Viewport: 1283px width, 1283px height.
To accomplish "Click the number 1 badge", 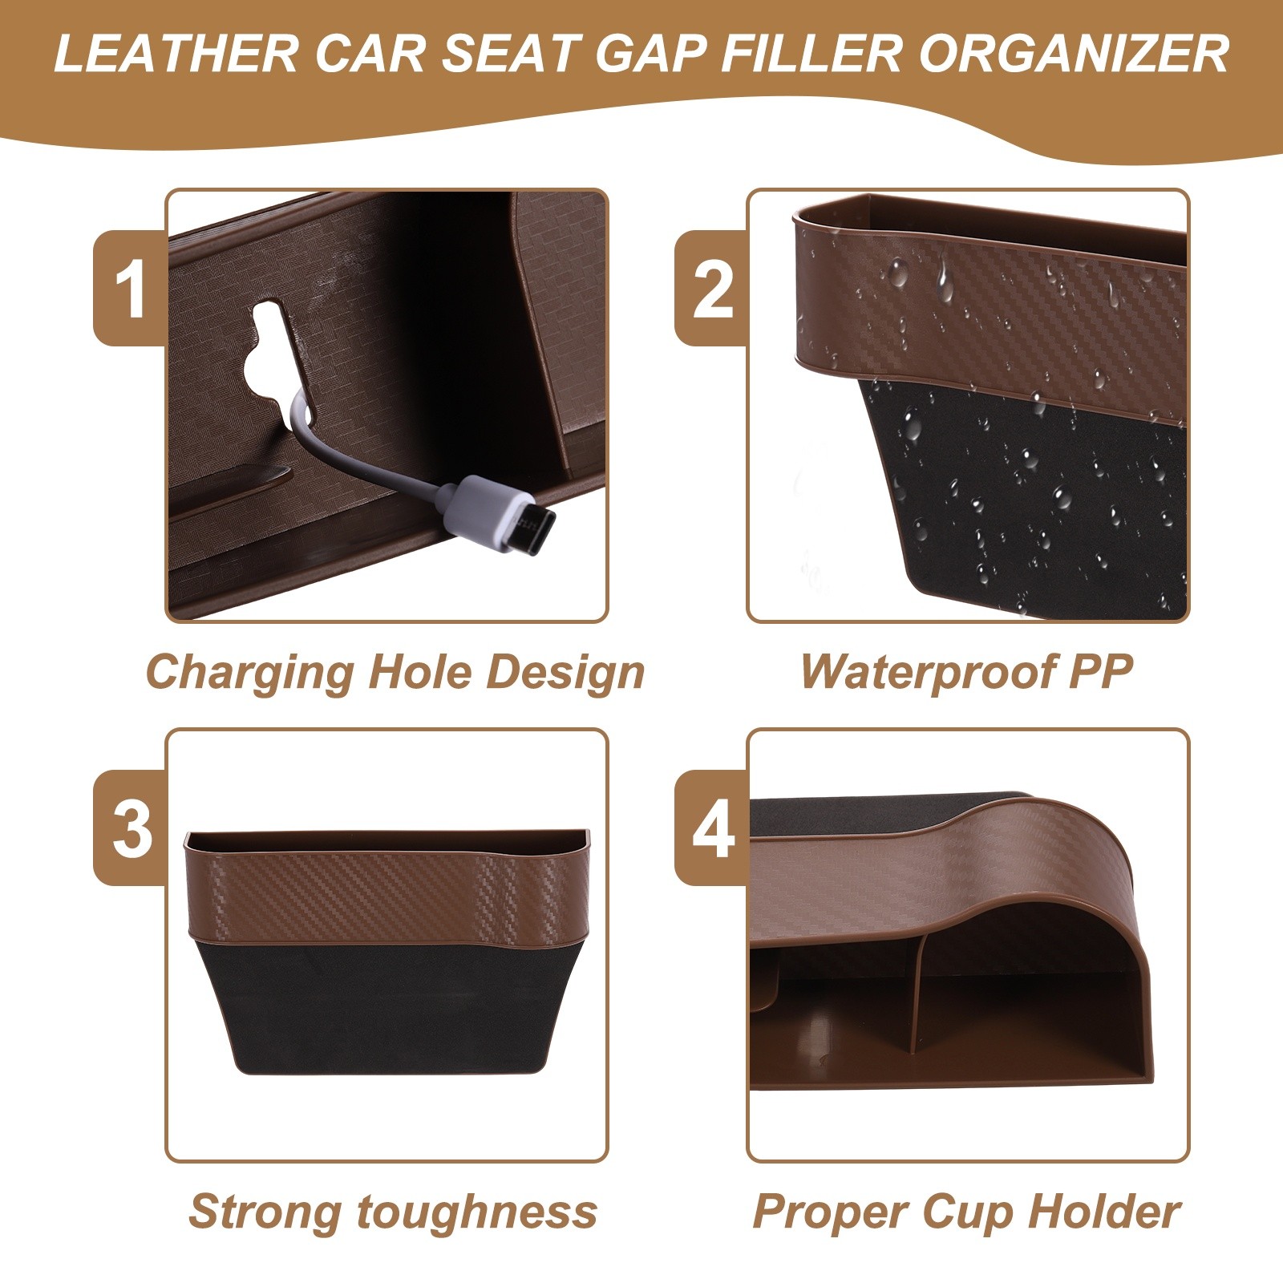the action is [130, 288].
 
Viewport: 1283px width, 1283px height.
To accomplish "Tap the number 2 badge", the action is [711, 288].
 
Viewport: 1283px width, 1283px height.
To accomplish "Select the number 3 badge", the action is [130, 828].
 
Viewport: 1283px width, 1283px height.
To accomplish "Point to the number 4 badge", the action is [711, 828].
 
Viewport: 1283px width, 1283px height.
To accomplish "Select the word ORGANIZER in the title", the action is [1074, 54].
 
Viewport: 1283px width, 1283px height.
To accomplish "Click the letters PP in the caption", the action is [1099, 670].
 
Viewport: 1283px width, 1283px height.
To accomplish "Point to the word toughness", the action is [477, 1212].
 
